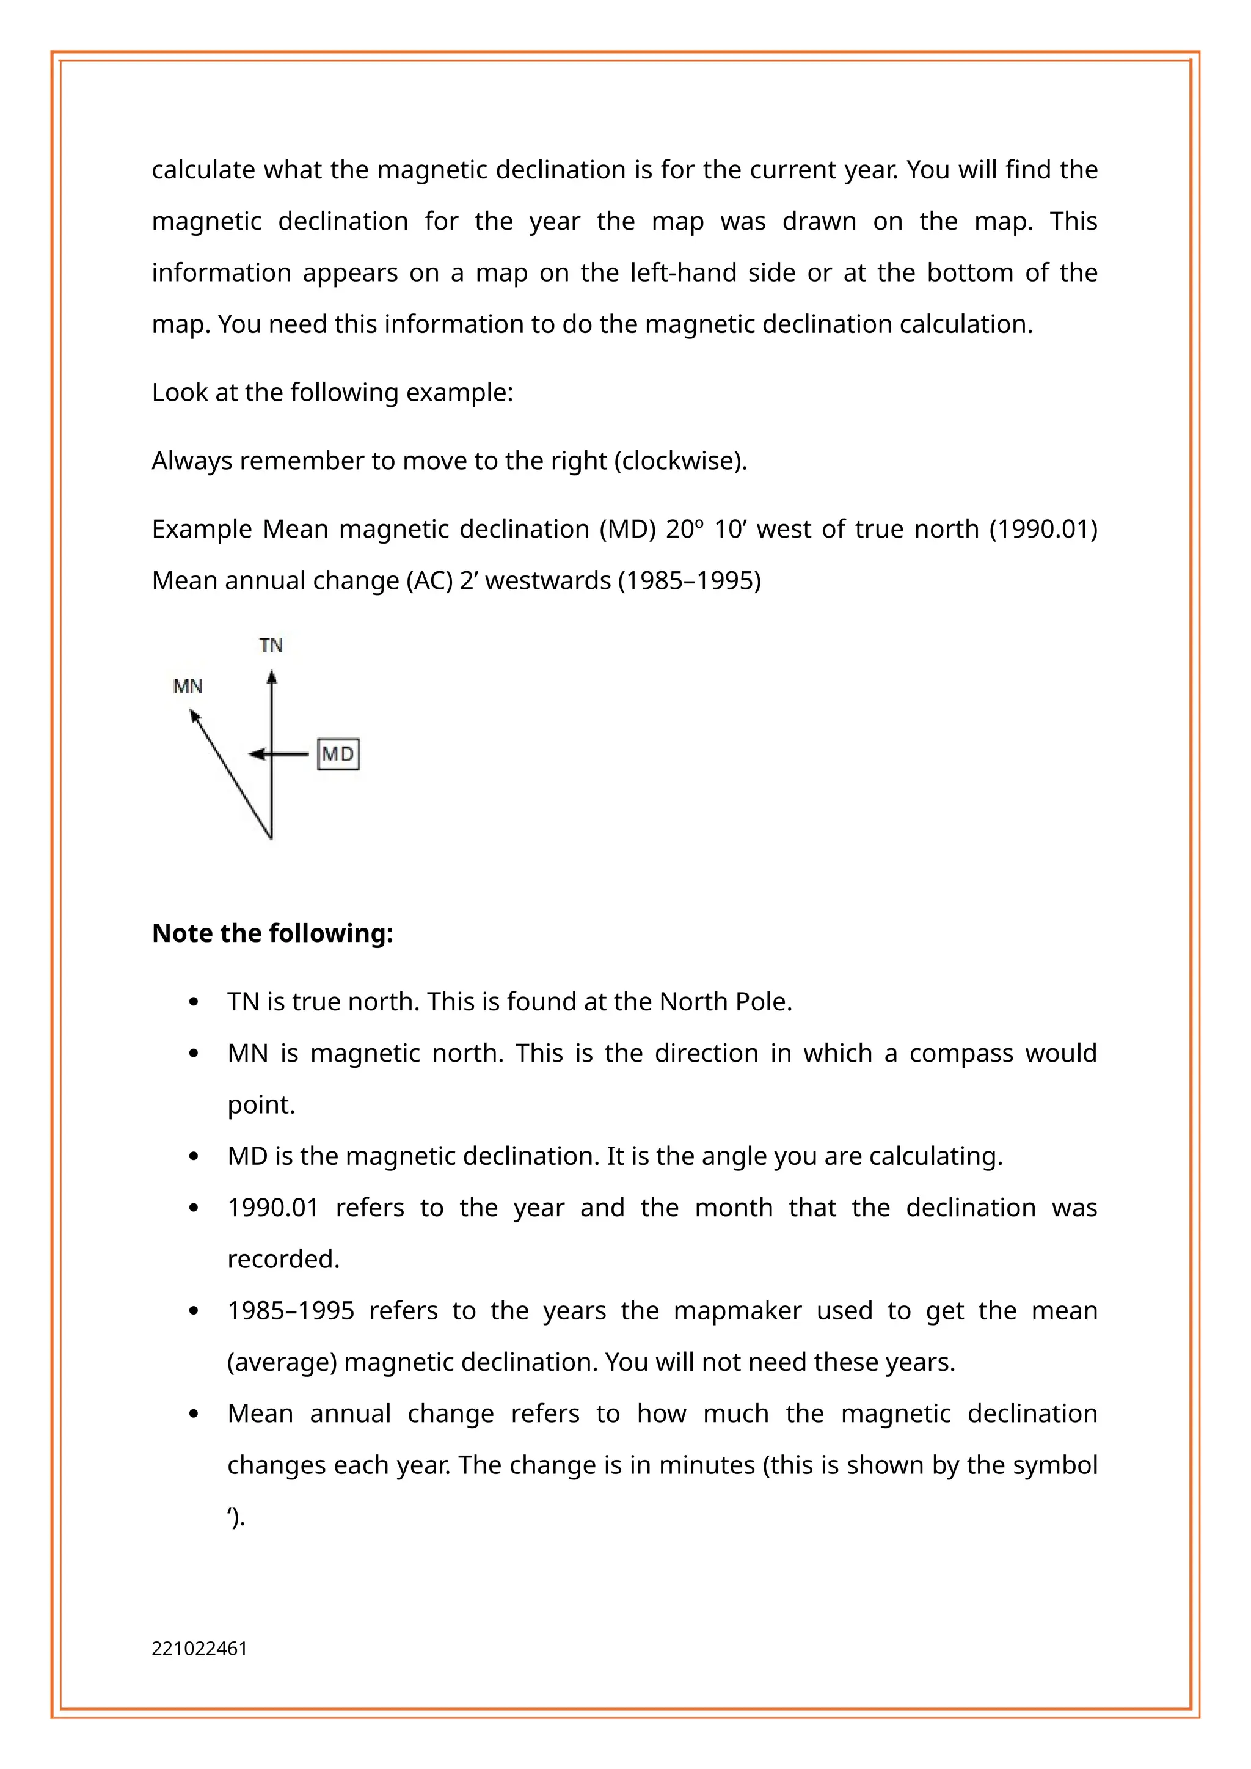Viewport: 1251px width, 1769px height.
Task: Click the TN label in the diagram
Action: (x=271, y=645)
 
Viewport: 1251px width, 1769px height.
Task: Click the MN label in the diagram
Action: (x=188, y=687)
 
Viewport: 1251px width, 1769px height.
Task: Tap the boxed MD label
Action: (x=338, y=754)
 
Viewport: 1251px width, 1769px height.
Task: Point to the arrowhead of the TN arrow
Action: (x=272, y=677)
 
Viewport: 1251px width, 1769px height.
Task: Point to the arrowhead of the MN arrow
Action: (x=195, y=717)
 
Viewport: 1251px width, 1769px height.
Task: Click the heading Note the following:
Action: (x=272, y=933)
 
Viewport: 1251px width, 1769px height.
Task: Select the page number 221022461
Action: (x=200, y=1649)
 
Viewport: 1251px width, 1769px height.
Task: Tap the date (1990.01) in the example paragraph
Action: (x=1043, y=530)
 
